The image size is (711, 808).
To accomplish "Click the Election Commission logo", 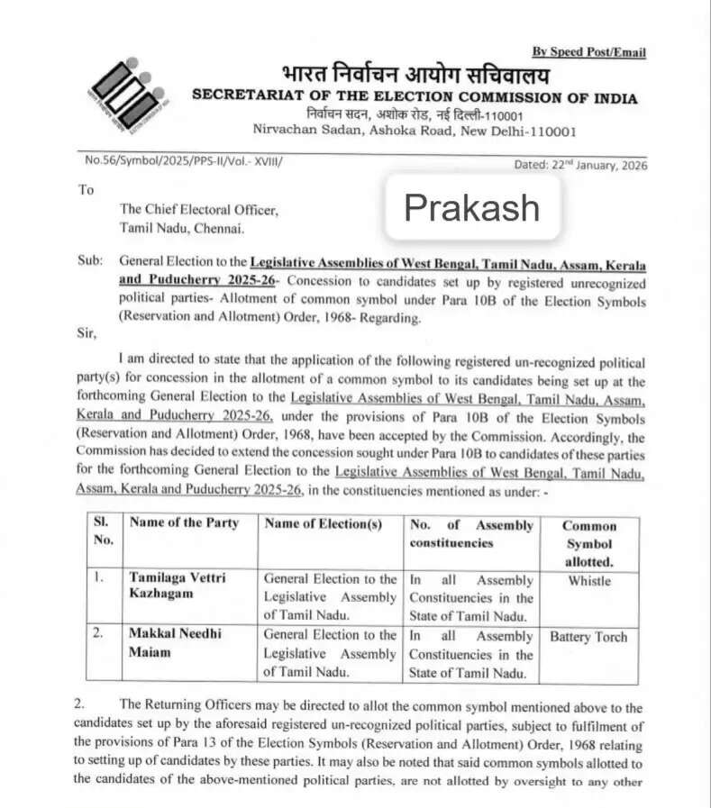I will coord(126,94).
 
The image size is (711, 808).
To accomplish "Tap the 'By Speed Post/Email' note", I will coord(588,52).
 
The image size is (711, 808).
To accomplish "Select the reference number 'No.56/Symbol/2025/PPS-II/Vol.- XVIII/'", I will coord(183,160).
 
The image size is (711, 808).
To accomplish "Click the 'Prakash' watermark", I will coord(471,208).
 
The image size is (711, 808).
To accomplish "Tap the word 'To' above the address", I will coord(87,190).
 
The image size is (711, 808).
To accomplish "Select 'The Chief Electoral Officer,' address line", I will coord(199,210).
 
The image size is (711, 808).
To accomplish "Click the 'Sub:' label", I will coord(89,260).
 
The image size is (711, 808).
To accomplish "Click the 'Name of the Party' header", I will coord(185,523).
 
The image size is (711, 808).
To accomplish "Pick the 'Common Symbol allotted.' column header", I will coord(589,543).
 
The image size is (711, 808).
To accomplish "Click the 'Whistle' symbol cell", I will coord(589,581).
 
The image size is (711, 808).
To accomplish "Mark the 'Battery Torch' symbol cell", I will coord(588,637).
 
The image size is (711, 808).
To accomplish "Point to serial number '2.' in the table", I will coord(99,634).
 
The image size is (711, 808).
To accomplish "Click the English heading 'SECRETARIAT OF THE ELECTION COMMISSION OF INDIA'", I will coord(415,98).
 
